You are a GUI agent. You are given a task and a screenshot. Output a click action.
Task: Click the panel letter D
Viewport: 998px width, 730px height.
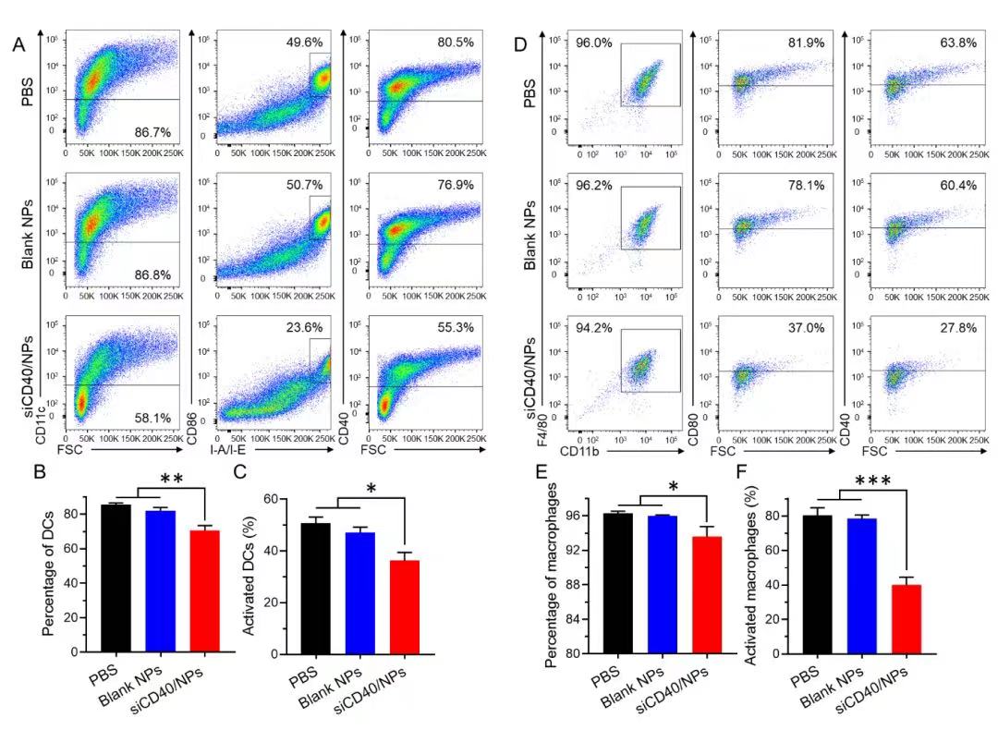click(520, 44)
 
